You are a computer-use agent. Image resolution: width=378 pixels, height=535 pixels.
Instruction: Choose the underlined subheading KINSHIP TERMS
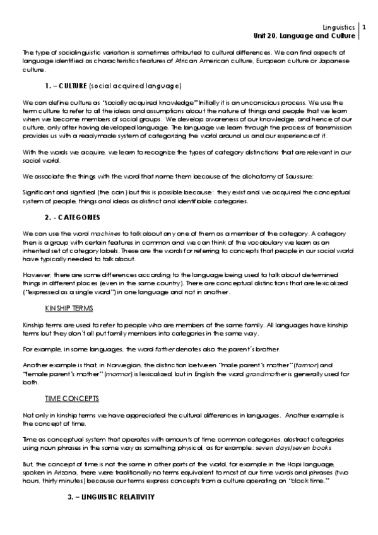69,309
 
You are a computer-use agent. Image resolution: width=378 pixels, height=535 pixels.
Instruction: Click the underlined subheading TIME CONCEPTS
68,399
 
